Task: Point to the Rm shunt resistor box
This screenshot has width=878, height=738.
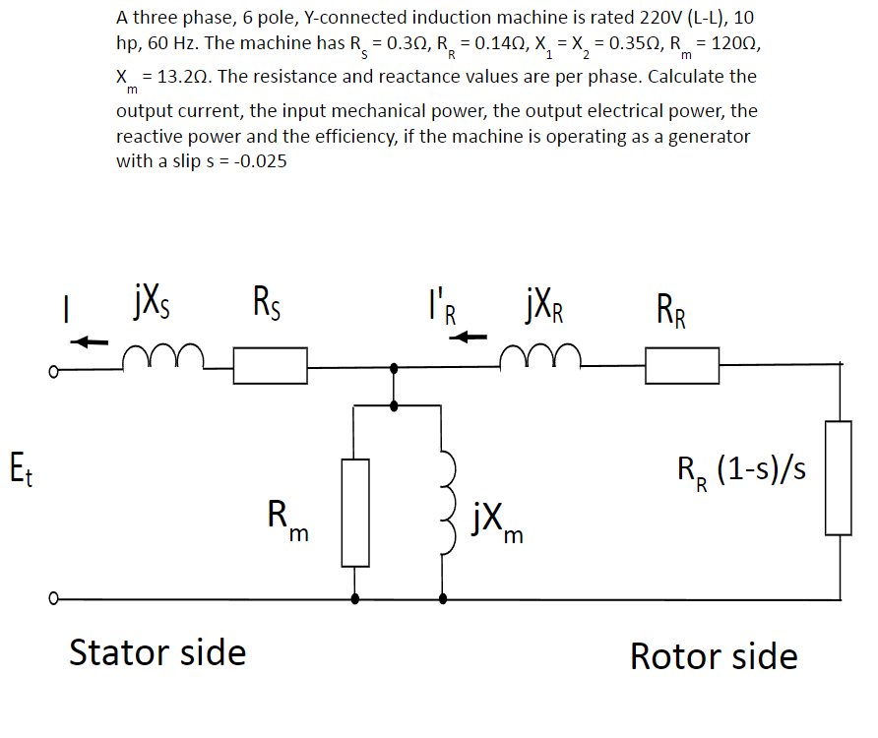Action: point(355,513)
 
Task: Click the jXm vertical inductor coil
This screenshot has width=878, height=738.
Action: point(445,496)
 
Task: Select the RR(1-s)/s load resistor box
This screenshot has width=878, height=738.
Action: point(838,478)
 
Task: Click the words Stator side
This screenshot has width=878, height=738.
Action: point(157,651)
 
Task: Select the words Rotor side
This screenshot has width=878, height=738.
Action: point(714,655)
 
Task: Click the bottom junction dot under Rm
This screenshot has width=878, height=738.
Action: point(355,597)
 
